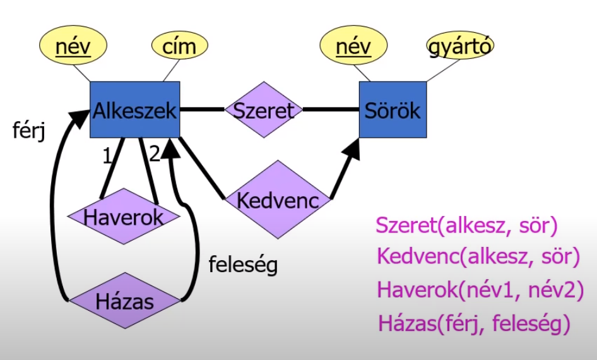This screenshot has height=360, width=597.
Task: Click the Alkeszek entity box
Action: (x=134, y=110)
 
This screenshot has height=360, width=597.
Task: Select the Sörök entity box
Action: (x=392, y=111)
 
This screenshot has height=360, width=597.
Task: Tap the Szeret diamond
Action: (x=264, y=111)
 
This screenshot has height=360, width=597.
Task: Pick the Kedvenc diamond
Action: (x=275, y=200)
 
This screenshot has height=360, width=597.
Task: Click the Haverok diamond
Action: (x=124, y=217)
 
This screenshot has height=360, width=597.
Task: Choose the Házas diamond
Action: (x=124, y=301)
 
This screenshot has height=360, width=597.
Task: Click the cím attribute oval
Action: (x=179, y=46)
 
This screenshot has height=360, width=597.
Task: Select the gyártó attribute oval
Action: (x=460, y=46)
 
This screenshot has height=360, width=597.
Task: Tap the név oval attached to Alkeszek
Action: (x=73, y=46)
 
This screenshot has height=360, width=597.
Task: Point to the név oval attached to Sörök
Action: (x=353, y=46)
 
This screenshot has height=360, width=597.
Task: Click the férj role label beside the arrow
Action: (x=29, y=131)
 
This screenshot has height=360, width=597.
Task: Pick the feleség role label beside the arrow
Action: (x=243, y=264)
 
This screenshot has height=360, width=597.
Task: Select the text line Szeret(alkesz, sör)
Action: (x=467, y=225)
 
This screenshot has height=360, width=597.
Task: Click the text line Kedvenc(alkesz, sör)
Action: (x=478, y=256)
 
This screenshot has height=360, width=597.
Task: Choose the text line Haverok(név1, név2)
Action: (x=480, y=290)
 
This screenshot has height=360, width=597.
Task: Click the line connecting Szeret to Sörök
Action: (x=331, y=110)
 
